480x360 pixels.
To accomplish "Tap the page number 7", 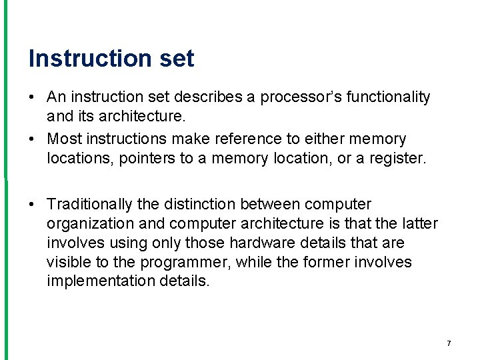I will pos(449,343).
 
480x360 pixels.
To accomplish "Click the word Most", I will pos(63,139).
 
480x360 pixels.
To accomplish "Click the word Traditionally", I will pos(89,203).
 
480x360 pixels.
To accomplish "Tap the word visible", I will pos(67,262).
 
